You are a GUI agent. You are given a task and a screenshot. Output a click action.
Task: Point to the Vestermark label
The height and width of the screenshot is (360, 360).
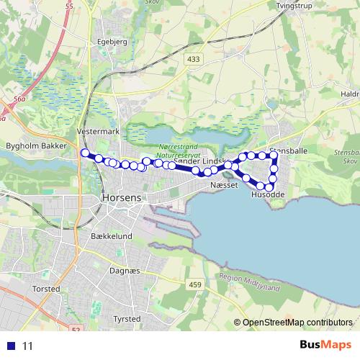[x=97, y=132]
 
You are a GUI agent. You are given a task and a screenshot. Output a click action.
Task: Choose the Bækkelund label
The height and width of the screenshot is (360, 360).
[x=112, y=236]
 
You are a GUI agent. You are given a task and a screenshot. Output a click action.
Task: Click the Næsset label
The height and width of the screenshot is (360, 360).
[x=221, y=185]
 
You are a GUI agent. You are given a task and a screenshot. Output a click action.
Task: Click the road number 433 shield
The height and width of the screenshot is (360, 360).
[x=192, y=59]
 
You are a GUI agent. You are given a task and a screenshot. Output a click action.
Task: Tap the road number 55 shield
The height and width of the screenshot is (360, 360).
[x=70, y=6]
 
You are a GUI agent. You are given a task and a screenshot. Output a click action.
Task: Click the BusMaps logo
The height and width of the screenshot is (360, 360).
[x=325, y=344]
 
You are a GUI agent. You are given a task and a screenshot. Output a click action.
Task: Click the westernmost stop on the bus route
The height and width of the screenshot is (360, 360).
[x=85, y=153]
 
